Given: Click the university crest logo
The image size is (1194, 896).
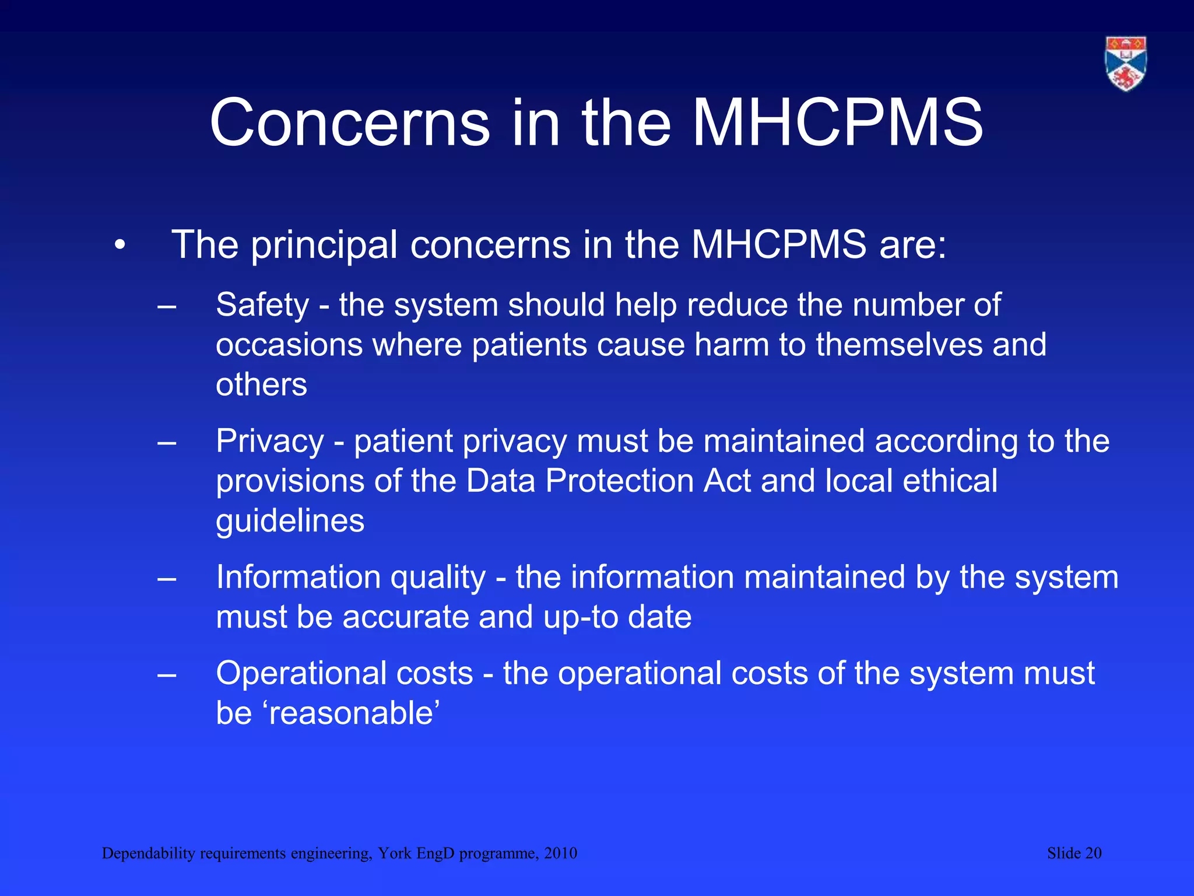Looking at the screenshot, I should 1126,64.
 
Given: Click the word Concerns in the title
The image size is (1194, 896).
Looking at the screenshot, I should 349,123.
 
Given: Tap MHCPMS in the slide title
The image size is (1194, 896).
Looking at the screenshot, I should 837,123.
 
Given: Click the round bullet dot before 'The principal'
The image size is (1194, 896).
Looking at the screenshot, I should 120,246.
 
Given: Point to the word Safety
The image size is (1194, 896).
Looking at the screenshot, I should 262,305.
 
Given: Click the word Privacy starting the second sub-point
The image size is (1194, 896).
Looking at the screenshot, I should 269,442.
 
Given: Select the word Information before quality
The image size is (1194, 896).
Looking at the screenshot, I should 297,577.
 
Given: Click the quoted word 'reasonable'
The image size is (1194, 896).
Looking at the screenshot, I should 353,713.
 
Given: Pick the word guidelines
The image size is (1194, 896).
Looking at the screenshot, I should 290,521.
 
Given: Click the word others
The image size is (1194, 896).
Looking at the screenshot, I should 261,385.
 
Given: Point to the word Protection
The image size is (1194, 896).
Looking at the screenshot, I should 619,481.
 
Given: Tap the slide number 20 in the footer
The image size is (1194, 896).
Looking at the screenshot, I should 1093,853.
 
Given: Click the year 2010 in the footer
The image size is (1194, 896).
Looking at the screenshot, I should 560,853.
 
